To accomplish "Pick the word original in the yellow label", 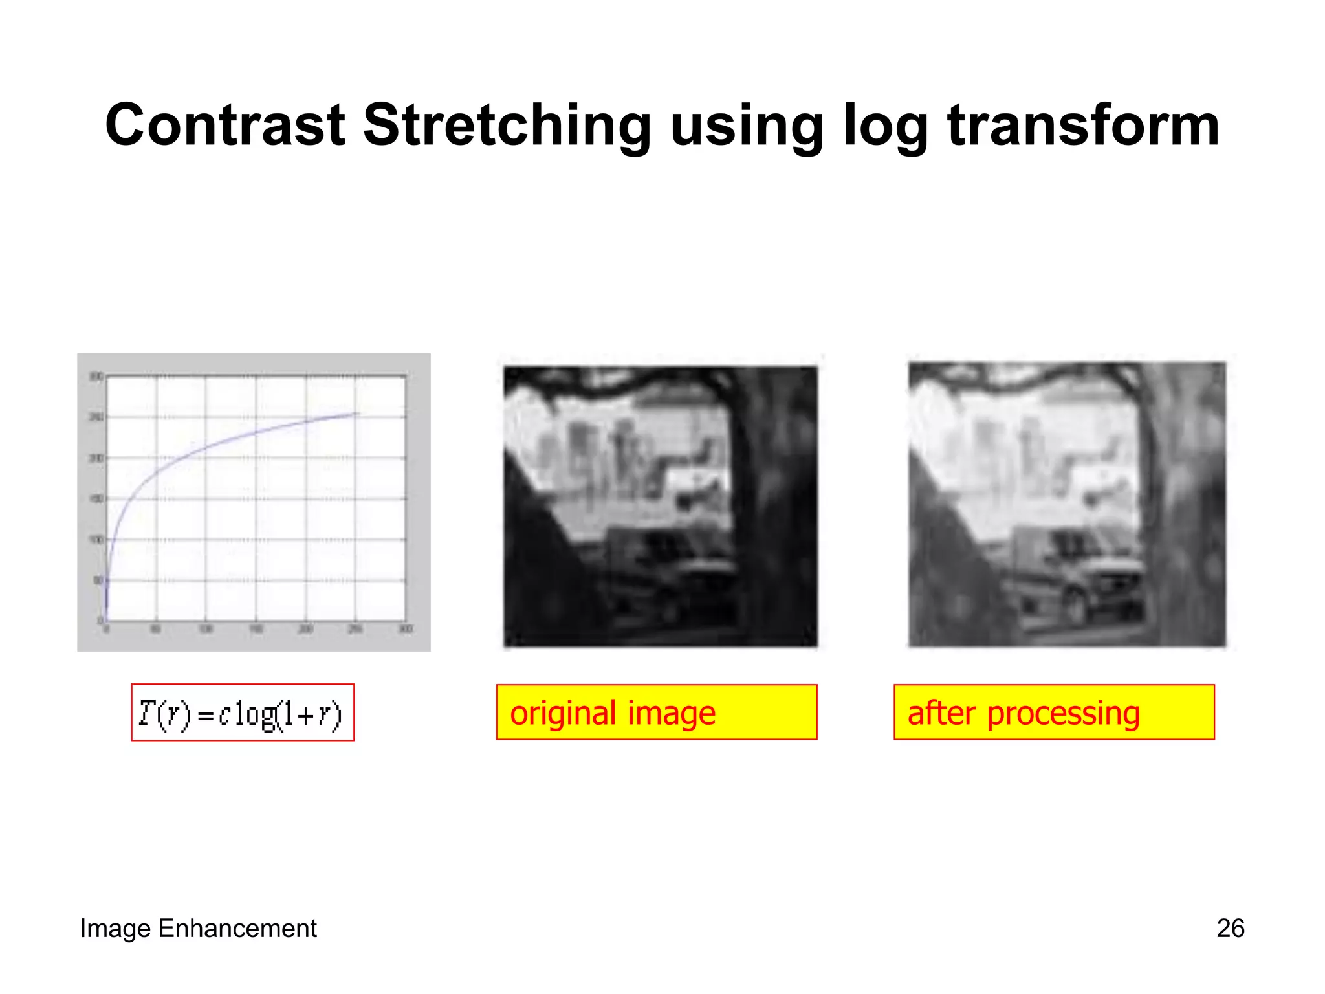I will (563, 713).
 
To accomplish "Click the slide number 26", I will (1230, 928).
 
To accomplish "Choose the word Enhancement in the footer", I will (237, 928).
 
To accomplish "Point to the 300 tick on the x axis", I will (406, 629).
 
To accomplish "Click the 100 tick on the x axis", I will (206, 629).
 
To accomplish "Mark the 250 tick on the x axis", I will (355, 629).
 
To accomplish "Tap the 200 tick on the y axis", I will (96, 458).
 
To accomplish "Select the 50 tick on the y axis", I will (98, 580).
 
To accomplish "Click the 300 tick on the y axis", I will (96, 376).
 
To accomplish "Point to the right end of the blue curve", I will (356, 413).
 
